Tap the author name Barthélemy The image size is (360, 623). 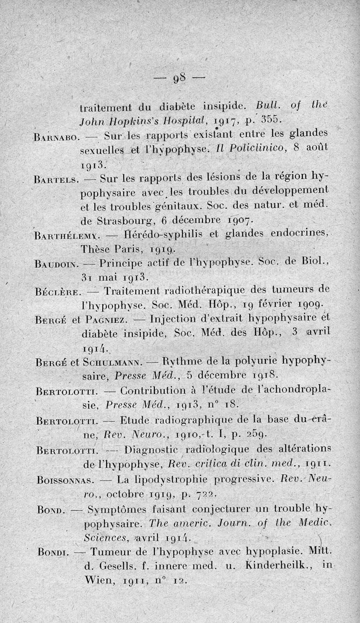coord(63,235)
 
